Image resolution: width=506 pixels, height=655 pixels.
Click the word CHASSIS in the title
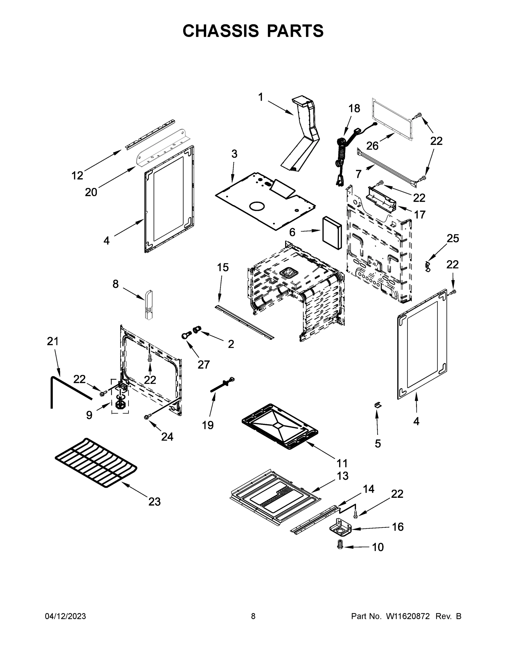tap(221, 31)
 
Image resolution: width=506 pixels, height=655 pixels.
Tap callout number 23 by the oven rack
tap(154, 501)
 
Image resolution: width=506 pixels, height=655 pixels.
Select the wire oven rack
tap(96, 462)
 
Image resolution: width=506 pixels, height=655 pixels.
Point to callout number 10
tap(378, 547)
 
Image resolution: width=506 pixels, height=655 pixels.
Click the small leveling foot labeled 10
tap(340, 544)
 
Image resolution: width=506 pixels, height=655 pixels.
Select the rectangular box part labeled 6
tap(331, 233)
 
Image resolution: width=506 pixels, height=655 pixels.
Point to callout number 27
tap(203, 364)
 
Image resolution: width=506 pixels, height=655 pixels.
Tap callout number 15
tap(223, 267)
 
